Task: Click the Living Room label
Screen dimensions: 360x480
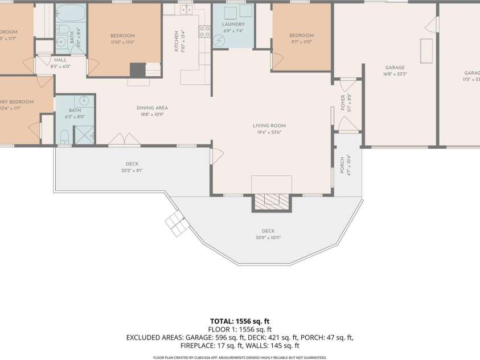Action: coord(269,125)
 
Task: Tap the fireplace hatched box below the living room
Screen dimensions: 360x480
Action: coord(271,200)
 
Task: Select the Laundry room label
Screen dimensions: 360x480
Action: coord(233,24)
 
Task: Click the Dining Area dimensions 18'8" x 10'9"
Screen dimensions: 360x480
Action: coord(151,114)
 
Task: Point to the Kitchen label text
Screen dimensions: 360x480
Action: coord(177,42)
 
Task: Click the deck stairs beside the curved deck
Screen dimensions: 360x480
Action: coord(177,224)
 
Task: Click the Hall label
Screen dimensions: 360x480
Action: coord(60,59)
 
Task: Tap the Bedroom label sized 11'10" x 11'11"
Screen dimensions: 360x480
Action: coord(122,36)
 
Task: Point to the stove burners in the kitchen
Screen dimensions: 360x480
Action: coord(204,31)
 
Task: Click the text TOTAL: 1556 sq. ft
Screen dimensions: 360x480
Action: coord(239,321)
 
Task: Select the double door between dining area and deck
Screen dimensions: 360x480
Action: coord(125,140)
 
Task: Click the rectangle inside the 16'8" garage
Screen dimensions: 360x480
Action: coord(426,51)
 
